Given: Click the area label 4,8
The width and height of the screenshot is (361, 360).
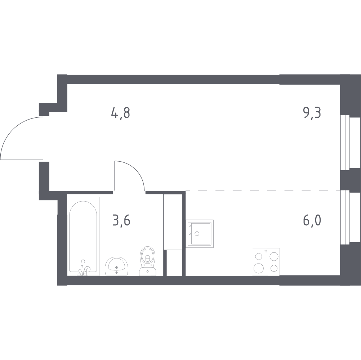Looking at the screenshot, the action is pos(121,113).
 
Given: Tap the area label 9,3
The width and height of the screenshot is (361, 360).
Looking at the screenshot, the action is pos(312,113).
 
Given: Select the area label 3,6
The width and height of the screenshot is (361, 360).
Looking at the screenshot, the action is pos(121,221).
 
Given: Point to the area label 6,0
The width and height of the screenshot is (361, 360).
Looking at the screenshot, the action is pos(312,221).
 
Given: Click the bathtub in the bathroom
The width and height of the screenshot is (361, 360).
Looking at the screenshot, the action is pos(83,236).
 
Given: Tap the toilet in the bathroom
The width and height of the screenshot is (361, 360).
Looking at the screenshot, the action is pos(148,261).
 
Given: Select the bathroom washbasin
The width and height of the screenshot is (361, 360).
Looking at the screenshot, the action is pos(116,266).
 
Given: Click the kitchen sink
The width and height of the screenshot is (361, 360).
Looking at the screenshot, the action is pos(200,234).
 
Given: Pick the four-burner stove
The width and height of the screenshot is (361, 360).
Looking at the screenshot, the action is pos(266,262).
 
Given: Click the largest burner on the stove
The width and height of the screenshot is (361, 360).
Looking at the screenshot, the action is pos(259,268).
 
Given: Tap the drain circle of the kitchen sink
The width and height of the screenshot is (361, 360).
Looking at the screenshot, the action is pos(197,234).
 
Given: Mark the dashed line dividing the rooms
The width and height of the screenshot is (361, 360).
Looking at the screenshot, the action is pos(263,191).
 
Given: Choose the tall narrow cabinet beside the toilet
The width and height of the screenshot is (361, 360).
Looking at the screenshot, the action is pos(173,222).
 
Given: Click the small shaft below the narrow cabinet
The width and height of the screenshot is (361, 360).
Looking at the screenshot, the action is pos(174,263).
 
